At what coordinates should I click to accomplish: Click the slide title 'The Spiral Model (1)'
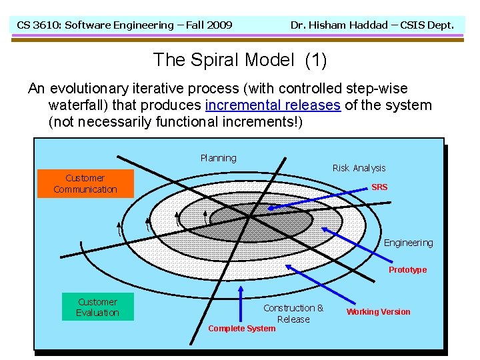pos(240,60)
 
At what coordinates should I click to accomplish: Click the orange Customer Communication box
pos(85,183)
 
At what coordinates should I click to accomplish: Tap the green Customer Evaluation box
pos(97,307)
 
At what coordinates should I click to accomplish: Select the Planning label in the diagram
pos(218,158)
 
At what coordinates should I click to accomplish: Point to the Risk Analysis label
pos(359,168)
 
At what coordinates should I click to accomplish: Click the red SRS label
pos(379,187)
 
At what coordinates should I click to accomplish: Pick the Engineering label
pos(408,243)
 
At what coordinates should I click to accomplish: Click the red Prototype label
pos(407,270)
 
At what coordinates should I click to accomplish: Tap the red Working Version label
pos(378,312)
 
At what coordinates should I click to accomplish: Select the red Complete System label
pos(241,328)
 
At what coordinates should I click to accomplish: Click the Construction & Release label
pos(293,313)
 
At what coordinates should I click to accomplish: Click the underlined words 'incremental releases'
pos(273,105)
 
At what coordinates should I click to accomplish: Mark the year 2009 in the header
pos(219,25)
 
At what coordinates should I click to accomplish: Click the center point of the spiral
pos(249,216)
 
